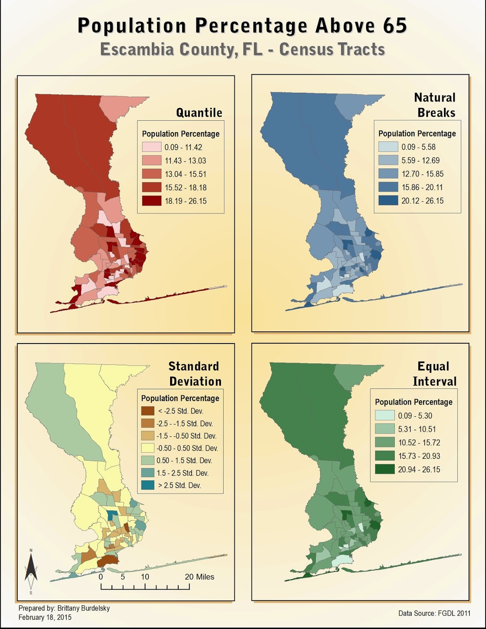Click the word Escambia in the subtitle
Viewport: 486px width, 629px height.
[x=131, y=50]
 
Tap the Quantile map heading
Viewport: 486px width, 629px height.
[x=199, y=113]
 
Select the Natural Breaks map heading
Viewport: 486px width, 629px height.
[x=435, y=105]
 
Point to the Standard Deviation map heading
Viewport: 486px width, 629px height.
[x=194, y=374]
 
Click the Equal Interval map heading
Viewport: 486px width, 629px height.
[x=434, y=374]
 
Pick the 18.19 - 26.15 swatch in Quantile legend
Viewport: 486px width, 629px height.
[x=151, y=201]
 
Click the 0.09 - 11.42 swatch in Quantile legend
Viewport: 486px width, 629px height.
[x=151, y=147]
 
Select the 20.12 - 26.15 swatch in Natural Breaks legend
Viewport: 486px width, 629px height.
[x=388, y=200]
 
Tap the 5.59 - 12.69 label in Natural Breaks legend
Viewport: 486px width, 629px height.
[x=420, y=160]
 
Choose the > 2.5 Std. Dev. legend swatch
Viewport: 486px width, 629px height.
[x=148, y=486]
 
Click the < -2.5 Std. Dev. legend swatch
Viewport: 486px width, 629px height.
[x=148, y=411]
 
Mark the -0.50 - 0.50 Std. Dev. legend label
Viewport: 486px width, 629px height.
[x=187, y=448]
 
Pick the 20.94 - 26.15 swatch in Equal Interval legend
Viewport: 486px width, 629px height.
[x=384, y=469]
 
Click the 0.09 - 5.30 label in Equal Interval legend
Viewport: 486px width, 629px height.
[x=415, y=416]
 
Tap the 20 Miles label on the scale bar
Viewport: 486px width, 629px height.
[x=199, y=577]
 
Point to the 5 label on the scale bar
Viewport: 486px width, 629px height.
[x=123, y=577]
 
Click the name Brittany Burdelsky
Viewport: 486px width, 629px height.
[x=83, y=608]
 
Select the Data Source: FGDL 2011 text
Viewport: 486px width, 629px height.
[x=434, y=613]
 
